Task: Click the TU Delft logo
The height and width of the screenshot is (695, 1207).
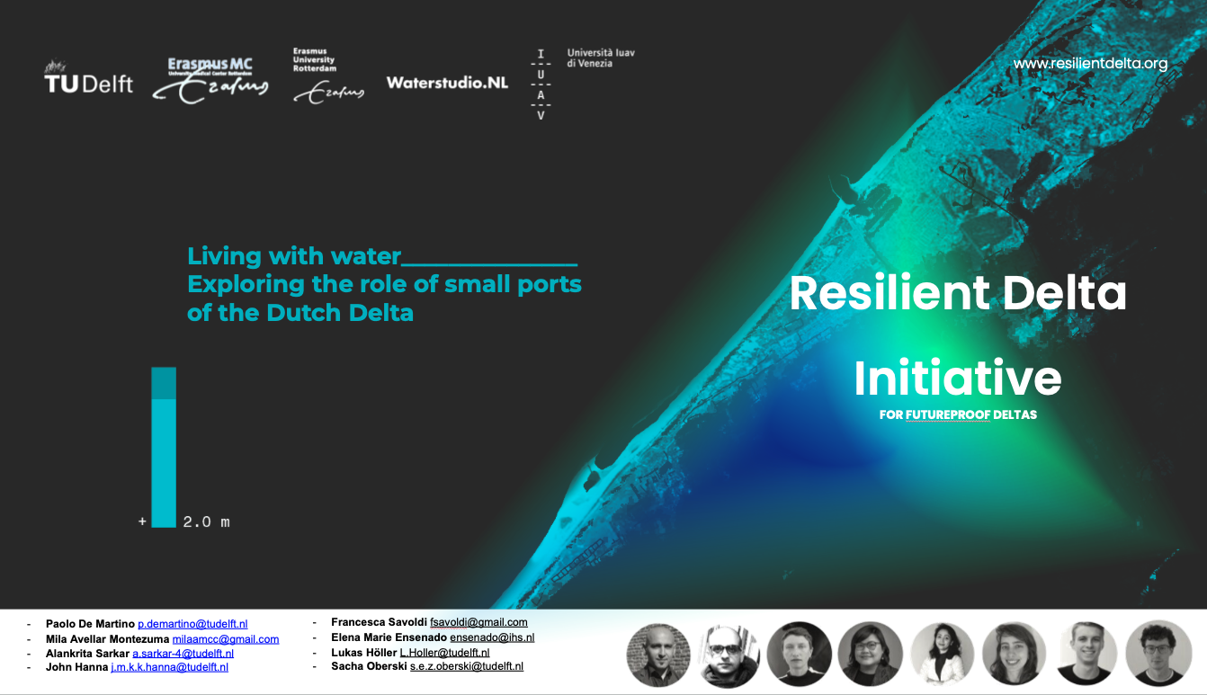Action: (88, 77)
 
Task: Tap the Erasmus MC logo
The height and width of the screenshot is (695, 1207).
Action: (210, 80)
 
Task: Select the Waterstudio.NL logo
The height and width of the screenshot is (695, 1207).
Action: (447, 83)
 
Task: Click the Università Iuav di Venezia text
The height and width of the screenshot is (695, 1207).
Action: (601, 58)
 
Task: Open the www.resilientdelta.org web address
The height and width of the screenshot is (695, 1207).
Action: (1090, 64)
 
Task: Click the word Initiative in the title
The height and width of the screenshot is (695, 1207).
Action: (958, 378)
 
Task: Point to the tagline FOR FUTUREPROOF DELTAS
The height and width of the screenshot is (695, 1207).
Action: (958, 414)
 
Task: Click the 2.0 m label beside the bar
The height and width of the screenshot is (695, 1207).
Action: (206, 521)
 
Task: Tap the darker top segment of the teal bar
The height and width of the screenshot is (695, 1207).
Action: (164, 383)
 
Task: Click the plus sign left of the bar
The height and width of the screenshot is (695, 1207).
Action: (142, 521)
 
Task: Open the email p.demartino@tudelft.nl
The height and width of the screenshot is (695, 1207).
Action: (192, 624)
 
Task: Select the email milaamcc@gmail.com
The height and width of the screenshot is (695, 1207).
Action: (226, 639)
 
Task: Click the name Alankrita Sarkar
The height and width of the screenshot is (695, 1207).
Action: (87, 654)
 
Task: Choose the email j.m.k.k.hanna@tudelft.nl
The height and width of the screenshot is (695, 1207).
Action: (170, 667)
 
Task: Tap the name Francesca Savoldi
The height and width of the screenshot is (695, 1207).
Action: (379, 622)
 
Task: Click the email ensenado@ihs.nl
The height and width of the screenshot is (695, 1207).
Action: (492, 637)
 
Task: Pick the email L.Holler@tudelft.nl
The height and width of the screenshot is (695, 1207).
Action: (444, 653)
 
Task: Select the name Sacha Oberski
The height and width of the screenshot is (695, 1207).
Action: (369, 666)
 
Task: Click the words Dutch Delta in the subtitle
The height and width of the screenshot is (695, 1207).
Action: (340, 313)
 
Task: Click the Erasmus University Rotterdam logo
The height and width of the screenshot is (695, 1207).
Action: (328, 76)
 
